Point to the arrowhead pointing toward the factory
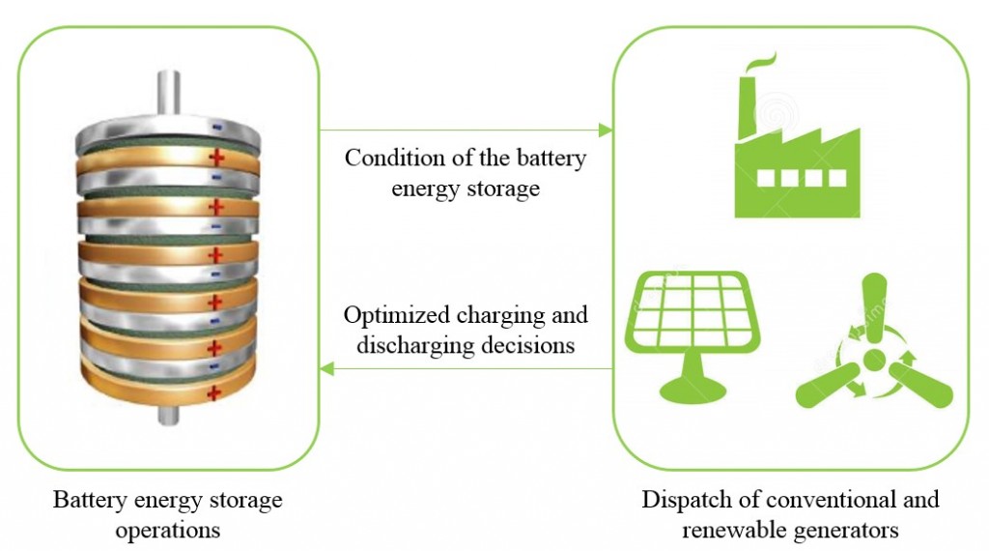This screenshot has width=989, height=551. pyautogui.click(x=607, y=130)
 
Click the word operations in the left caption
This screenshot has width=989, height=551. pyautogui.click(x=168, y=530)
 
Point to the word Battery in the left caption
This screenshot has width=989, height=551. pyautogui.click(x=88, y=501)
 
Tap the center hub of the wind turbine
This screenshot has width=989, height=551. pyautogui.click(x=873, y=360)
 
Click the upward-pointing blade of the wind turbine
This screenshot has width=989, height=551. pyautogui.click(x=874, y=304)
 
